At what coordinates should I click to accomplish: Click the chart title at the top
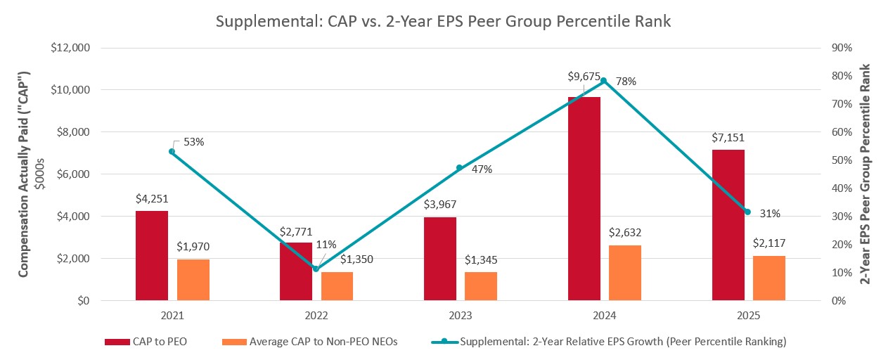[x=443, y=22]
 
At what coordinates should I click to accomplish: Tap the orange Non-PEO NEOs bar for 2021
[x=193, y=280]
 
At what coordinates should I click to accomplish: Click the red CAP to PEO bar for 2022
[x=296, y=271]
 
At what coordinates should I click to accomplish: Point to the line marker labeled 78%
[x=603, y=81]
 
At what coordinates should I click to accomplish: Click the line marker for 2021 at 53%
[x=172, y=151]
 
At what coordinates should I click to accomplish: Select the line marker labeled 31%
[x=747, y=212]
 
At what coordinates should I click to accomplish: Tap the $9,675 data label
[x=584, y=76]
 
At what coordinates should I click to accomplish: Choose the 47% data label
[x=482, y=169]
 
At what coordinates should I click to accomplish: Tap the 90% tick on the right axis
[x=841, y=48]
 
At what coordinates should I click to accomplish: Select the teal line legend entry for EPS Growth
[x=607, y=342]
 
